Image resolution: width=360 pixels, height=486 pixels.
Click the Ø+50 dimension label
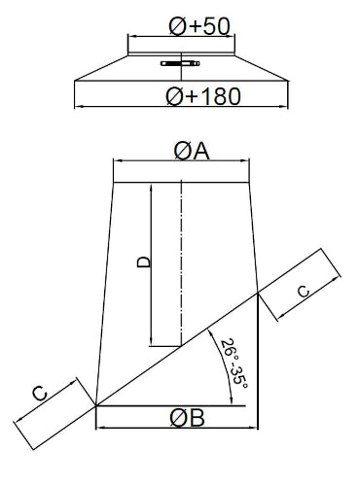(199, 26)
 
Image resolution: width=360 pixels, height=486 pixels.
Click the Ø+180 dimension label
(203, 96)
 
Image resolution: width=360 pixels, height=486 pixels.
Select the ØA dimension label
(192, 151)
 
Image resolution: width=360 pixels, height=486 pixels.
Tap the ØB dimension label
(187, 418)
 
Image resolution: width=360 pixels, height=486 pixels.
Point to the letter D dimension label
(144, 262)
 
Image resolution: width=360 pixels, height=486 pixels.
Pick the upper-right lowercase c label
(304, 291)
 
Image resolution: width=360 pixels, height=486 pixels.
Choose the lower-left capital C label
(40, 394)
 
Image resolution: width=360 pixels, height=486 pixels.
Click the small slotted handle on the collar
(180, 63)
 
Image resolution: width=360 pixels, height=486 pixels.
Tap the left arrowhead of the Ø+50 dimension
(130, 37)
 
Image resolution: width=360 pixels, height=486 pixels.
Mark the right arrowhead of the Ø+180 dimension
(285, 106)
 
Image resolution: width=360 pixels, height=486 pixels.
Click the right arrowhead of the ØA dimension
(246, 160)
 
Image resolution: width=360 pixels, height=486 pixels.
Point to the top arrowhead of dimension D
(151, 188)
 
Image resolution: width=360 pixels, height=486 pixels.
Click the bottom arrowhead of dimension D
(151, 343)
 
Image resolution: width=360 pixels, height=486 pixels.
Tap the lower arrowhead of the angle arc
(232, 401)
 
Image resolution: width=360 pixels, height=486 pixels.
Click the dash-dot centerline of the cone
(181, 264)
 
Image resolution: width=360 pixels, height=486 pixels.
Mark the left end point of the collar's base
(75, 81)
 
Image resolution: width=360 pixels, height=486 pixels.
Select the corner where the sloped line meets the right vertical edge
(258, 293)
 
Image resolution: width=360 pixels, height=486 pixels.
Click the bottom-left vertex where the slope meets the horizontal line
(96, 405)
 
